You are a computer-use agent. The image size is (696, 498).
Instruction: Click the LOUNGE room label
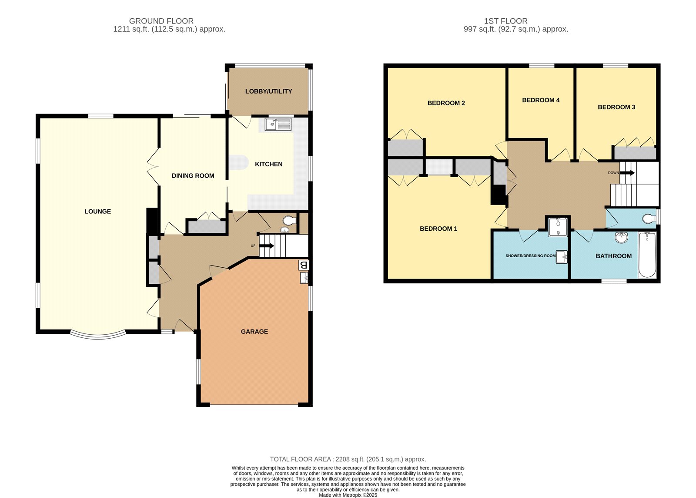(97, 212)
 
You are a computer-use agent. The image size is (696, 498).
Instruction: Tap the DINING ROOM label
(193, 176)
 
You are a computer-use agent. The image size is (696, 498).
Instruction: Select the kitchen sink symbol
(278, 124)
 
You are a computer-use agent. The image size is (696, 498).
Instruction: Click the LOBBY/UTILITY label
(268, 91)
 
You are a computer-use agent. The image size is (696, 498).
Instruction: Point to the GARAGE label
(254, 332)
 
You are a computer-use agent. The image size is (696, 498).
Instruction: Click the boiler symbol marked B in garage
(304, 265)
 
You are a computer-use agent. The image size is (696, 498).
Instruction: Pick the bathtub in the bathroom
(647, 255)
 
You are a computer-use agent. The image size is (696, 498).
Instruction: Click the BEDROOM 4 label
(541, 100)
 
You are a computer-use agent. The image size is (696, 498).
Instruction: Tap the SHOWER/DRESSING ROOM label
(530, 256)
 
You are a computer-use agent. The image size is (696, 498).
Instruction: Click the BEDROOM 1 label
(438, 229)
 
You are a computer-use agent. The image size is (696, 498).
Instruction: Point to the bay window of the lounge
(98, 335)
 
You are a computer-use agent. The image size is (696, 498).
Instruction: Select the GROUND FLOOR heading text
(161, 21)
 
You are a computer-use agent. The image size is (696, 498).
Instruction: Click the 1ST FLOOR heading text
(506, 21)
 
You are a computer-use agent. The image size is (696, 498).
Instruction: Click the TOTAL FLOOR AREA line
(348, 459)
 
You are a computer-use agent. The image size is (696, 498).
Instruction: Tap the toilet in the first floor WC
(649, 218)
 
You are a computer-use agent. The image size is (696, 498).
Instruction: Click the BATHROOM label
(613, 256)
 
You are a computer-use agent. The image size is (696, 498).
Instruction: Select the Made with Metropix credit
(348, 495)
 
